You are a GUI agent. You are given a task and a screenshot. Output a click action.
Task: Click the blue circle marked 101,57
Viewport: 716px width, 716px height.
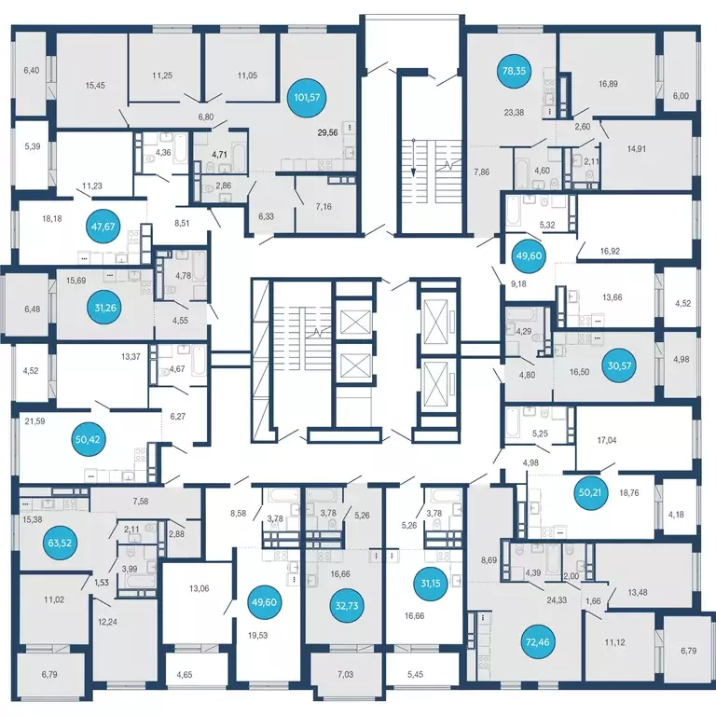tap(307, 97)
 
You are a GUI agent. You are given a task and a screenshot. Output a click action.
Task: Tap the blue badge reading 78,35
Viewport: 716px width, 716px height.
tap(515, 71)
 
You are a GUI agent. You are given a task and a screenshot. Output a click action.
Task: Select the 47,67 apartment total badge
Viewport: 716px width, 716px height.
tap(103, 226)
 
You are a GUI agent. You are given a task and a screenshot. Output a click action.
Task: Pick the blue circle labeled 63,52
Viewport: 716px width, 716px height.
tap(60, 543)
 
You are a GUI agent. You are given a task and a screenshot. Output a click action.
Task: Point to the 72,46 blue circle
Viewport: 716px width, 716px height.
tap(537, 642)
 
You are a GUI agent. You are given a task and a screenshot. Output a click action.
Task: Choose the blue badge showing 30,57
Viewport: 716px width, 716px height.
tap(619, 365)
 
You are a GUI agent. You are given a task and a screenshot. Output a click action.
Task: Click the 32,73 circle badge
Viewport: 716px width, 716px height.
tap(346, 606)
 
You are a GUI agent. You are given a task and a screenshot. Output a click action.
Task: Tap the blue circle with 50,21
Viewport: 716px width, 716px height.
tap(590, 492)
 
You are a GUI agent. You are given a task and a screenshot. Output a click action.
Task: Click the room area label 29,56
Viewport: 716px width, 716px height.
tap(327, 133)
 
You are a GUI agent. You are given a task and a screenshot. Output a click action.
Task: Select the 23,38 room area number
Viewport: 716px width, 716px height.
tap(514, 112)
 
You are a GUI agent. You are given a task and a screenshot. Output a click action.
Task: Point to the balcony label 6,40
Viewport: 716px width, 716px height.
tap(32, 70)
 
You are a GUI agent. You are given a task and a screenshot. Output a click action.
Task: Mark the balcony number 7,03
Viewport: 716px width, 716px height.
tap(346, 674)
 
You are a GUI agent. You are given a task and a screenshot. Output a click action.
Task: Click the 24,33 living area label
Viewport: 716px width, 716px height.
tap(557, 600)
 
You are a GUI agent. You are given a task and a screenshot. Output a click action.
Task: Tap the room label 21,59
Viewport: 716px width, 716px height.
tap(34, 421)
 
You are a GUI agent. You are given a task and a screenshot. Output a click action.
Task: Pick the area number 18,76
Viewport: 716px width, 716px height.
tap(628, 492)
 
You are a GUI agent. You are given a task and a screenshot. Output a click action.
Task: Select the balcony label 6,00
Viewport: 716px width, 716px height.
tap(681, 96)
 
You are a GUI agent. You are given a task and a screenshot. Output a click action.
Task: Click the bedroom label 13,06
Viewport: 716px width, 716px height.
tap(200, 588)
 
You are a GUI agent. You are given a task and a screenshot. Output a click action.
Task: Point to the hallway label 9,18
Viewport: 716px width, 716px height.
tap(518, 283)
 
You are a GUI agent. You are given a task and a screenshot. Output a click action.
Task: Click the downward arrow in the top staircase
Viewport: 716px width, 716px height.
tap(413, 157)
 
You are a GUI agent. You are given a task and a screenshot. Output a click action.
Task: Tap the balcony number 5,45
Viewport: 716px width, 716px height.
tap(415, 674)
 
